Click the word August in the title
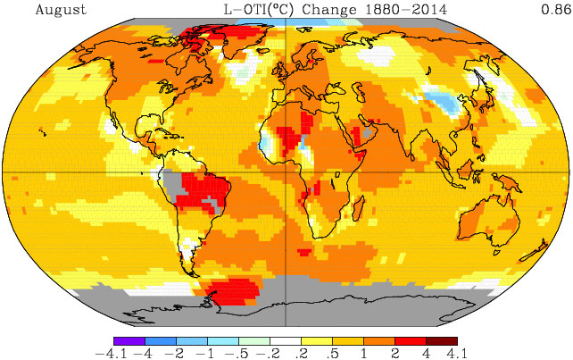click(x=61, y=10)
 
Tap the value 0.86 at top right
click(x=556, y=9)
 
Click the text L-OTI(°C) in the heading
click(x=258, y=10)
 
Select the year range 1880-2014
click(x=406, y=10)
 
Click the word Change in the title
click(x=328, y=10)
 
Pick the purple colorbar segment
click(x=129, y=341)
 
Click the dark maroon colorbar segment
click(x=442, y=341)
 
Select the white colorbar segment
click(x=286, y=341)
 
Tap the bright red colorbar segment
click(x=411, y=341)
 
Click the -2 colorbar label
click(x=174, y=354)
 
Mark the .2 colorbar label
click(x=302, y=354)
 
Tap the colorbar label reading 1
click(x=364, y=354)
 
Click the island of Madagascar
click(x=359, y=208)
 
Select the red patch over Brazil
click(x=203, y=193)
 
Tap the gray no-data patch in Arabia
click(x=370, y=132)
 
